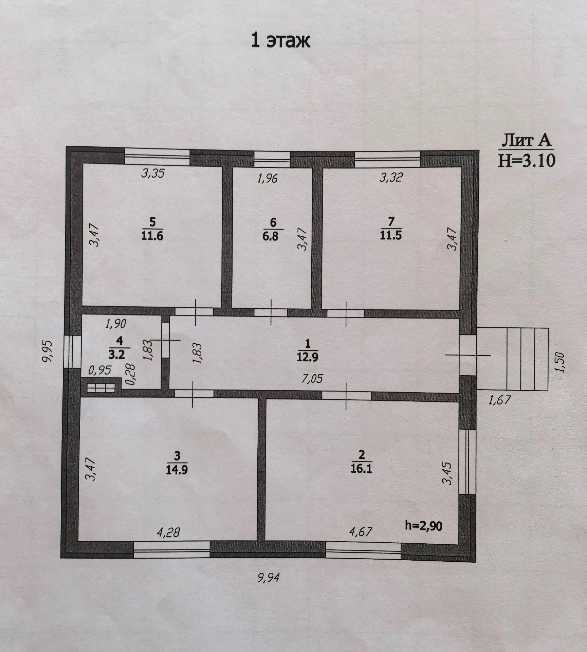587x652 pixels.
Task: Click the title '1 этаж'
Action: pyautogui.click(x=280, y=41)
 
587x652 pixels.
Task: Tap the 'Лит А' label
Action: pyautogui.click(x=526, y=140)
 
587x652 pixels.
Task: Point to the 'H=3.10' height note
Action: pyautogui.click(x=526, y=160)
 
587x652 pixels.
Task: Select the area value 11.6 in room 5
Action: pyautogui.click(x=152, y=236)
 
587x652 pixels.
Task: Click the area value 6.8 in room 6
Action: pyautogui.click(x=270, y=236)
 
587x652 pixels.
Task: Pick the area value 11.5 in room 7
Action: pyautogui.click(x=391, y=235)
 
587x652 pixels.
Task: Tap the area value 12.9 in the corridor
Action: pyautogui.click(x=307, y=357)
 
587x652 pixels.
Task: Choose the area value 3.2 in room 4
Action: pyautogui.click(x=116, y=355)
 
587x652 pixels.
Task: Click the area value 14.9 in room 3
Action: pyautogui.click(x=177, y=470)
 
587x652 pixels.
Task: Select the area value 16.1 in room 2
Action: pyautogui.click(x=361, y=469)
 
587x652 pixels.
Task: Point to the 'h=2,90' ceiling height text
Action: pyautogui.click(x=424, y=526)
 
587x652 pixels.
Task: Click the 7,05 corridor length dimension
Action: pyautogui.click(x=312, y=379)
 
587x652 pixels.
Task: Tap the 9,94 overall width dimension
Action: pyautogui.click(x=269, y=577)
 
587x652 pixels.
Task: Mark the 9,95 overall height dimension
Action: pyautogui.click(x=48, y=351)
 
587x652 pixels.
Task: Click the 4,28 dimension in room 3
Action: pyautogui.click(x=168, y=532)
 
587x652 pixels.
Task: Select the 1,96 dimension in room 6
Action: pyautogui.click(x=268, y=178)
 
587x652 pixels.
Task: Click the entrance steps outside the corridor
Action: pyautogui.click(x=513, y=359)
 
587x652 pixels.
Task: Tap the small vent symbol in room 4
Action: pyautogui.click(x=101, y=388)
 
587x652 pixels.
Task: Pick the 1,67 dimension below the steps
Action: pyautogui.click(x=499, y=400)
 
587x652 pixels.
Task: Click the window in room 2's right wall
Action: pyautogui.click(x=467, y=462)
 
